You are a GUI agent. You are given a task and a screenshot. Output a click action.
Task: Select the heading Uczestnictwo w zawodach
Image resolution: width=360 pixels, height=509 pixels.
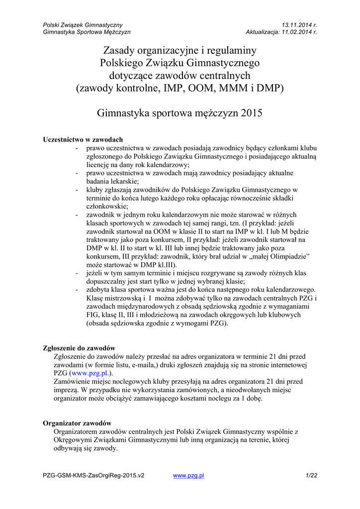click(x=83, y=139)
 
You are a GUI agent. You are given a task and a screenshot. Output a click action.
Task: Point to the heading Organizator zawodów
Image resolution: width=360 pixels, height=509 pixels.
click(x=77, y=423)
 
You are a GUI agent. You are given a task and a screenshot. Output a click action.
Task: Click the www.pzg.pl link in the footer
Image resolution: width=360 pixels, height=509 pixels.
click(x=188, y=476)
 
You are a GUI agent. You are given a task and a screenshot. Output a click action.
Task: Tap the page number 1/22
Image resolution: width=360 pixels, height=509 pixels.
click(x=311, y=476)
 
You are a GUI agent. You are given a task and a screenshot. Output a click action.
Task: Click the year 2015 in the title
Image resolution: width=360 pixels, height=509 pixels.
click(x=251, y=113)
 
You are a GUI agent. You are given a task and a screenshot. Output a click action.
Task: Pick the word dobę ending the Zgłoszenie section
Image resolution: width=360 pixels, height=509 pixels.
click(x=252, y=398)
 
